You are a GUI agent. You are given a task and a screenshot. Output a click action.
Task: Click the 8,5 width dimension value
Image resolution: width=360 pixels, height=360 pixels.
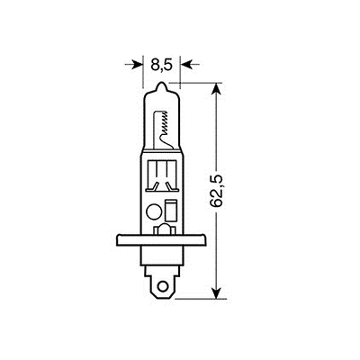162,64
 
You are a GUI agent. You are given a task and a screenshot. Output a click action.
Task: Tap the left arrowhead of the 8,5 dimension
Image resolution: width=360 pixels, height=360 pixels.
139,64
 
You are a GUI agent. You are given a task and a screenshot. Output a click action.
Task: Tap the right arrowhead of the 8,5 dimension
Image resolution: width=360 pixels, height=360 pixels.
185,64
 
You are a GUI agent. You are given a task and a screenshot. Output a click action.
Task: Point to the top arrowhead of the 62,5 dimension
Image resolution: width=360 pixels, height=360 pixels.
217,88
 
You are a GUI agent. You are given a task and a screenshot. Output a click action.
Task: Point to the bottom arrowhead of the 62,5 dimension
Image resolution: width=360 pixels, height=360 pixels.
217,293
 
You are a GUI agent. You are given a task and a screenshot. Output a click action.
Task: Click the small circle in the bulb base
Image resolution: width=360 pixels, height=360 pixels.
152,212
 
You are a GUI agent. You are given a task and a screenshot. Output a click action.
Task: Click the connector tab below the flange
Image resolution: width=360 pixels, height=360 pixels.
163,280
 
